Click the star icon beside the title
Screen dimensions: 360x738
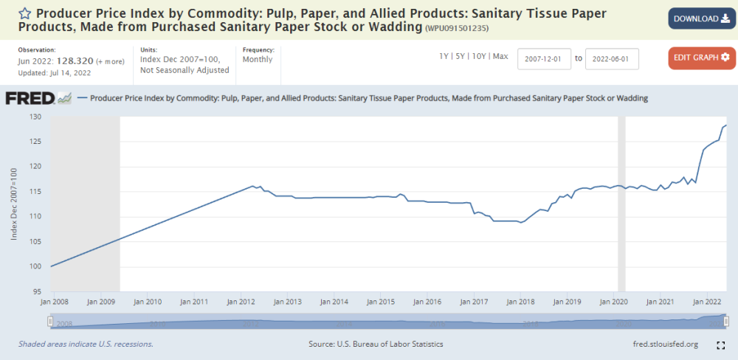(x=24, y=13)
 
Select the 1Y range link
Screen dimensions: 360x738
(x=444, y=56)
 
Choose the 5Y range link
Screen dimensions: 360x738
(x=461, y=56)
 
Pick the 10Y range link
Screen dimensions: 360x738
(x=479, y=56)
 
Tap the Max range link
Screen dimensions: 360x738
(x=500, y=56)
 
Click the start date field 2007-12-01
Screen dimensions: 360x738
(x=545, y=58)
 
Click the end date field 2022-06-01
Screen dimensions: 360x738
(x=612, y=58)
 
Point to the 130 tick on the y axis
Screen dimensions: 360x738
(x=36, y=117)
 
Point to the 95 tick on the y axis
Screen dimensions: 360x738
(x=38, y=291)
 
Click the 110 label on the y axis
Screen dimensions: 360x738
(x=36, y=216)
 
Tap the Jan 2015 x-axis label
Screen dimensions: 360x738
(x=380, y=302)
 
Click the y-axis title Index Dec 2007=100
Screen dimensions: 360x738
(x=13, y=204)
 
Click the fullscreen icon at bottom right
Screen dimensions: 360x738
(x=721, y=345)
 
